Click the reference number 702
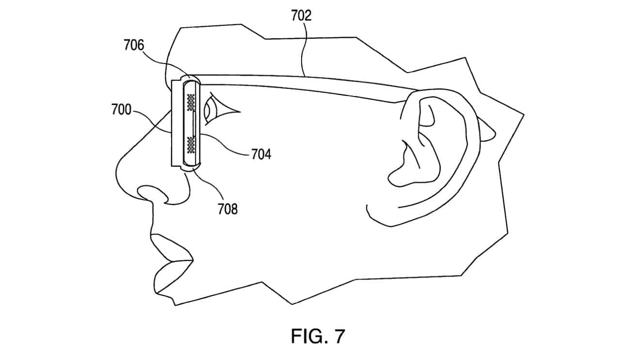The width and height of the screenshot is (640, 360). pos(302,16)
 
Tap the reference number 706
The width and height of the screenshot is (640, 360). pos(134,46)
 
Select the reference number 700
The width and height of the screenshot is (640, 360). pos(121,110)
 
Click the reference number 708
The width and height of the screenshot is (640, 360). pos(228,209)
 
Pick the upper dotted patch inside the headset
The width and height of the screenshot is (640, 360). pos(189,102)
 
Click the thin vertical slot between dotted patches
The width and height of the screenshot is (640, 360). pos(193,124)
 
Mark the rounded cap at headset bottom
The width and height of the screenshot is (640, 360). pos(190,167)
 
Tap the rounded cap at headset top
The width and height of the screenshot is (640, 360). pos(190,79)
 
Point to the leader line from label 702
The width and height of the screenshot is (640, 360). pos(303,48)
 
